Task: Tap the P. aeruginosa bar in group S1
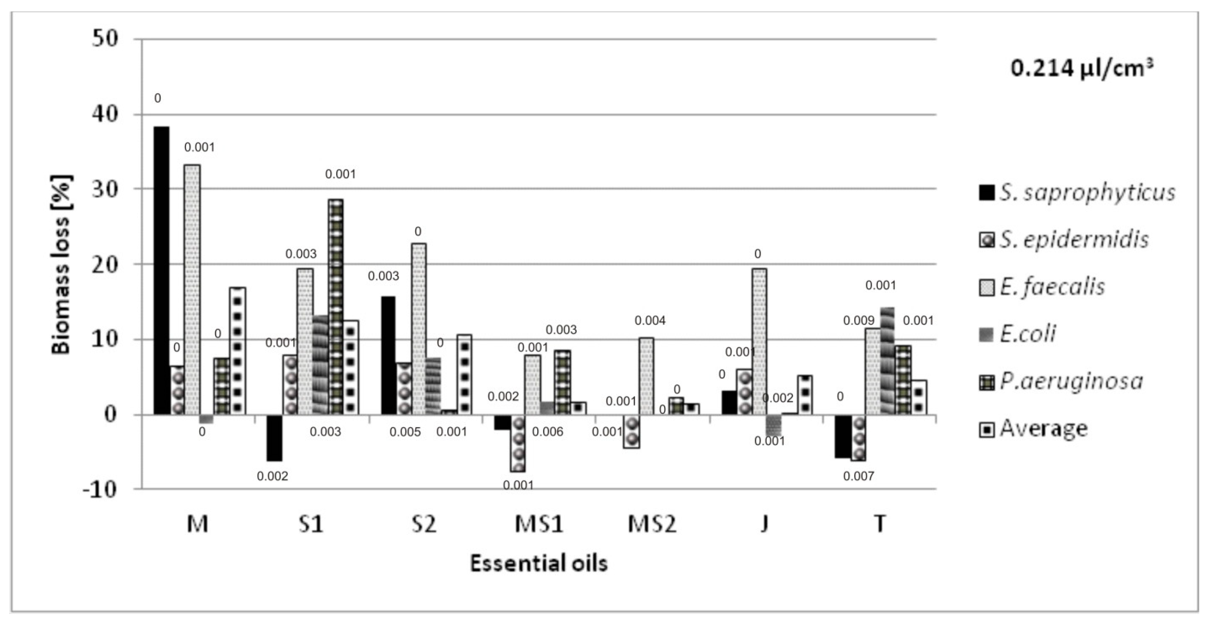(x=335, y=307)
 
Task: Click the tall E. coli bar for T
(x=887, y=361)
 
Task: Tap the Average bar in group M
(x=237, y=351)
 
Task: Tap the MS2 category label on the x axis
(x=652, y=524)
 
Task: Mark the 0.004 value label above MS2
(x=650, y=321)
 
